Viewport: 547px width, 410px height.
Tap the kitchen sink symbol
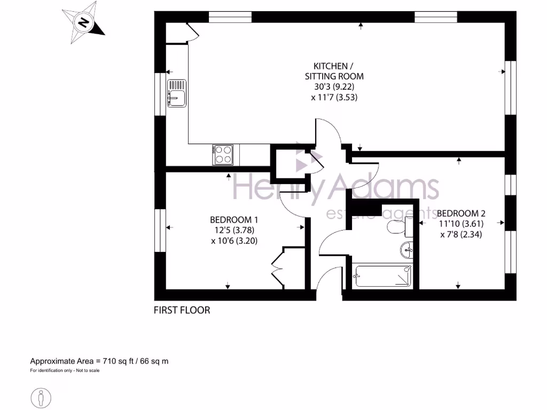tap(177, 94)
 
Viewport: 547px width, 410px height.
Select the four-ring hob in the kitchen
tap(223, 155)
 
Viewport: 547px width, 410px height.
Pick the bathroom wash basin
tap(407, 249)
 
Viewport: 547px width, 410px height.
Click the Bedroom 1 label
tap(234, 219)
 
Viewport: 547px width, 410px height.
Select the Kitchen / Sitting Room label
tap(333, 71)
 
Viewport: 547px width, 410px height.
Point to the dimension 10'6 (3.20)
tap(234, 241)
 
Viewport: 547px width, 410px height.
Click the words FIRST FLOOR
tap(182, 310)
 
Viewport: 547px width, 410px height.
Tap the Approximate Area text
tap(99, 361)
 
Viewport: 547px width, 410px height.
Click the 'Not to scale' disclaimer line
tap(65, 370)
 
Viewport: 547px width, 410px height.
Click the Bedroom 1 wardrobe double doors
tap(278, 269)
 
